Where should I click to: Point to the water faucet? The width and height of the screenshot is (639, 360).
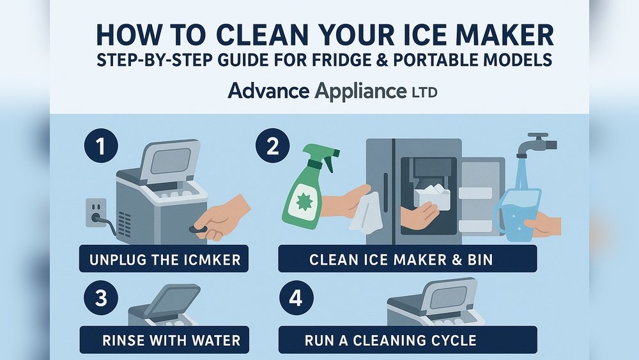pos(534,145)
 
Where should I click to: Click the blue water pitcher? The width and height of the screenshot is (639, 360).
pos(516,215)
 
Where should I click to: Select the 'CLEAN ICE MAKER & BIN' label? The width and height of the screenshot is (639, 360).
pos(407,260)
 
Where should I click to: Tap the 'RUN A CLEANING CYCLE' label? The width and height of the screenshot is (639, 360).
pos(407,340)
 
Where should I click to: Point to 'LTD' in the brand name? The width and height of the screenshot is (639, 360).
pos(422,93)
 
